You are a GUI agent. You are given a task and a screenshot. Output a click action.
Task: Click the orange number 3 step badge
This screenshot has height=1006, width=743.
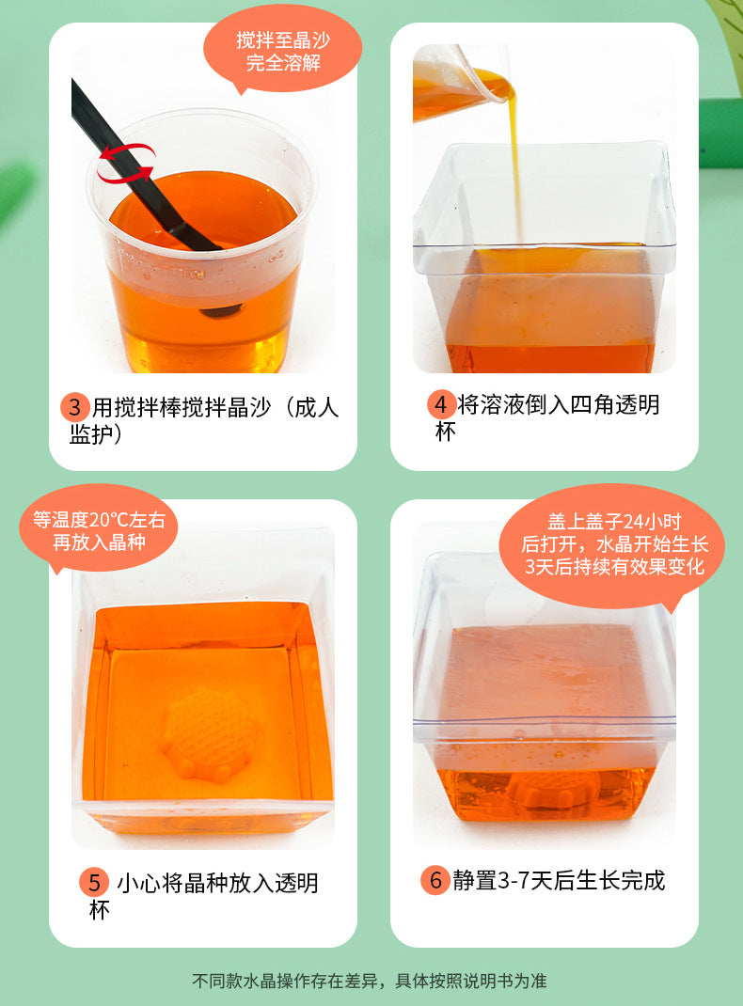pos(75,407)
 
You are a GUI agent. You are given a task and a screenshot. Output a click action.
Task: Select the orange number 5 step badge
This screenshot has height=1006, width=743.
pos(93,883)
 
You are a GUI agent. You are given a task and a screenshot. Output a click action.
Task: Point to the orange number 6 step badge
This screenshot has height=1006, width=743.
pos(435,880)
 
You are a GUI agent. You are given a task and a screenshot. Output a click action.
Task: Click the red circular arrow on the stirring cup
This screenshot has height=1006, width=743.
pos(125,162)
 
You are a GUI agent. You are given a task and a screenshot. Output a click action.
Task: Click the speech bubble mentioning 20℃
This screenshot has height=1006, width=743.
pos(98,530)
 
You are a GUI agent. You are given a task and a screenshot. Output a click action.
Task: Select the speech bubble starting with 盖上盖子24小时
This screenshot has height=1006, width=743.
pos(614,545)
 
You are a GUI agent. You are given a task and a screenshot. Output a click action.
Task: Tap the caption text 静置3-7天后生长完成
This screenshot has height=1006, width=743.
pos(559,880)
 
